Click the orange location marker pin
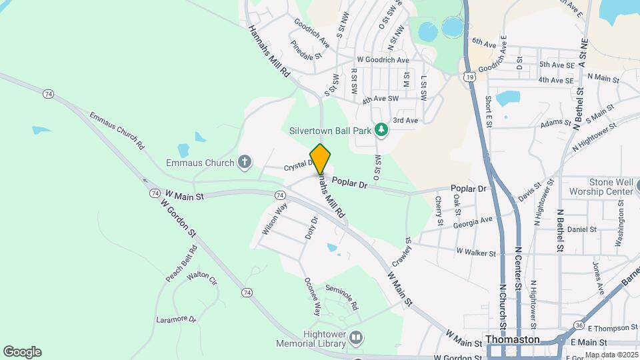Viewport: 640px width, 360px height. [321, 157]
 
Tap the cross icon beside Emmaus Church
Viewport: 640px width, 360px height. [245, 161]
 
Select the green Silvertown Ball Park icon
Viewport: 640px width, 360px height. [381, 128]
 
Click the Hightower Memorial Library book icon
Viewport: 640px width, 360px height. [356, 339]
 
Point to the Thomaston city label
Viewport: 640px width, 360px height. [512, 339]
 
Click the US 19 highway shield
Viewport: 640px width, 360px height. [471, 77]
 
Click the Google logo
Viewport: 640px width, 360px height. [22, 351]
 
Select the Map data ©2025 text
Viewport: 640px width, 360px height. [611, 355]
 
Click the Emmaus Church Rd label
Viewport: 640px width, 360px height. [117, 129]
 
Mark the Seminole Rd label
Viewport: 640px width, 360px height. [342, 297]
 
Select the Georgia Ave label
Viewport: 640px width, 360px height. [473, 221]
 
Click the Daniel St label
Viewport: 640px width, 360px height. [581, 229]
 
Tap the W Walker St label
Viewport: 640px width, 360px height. [476, 253]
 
